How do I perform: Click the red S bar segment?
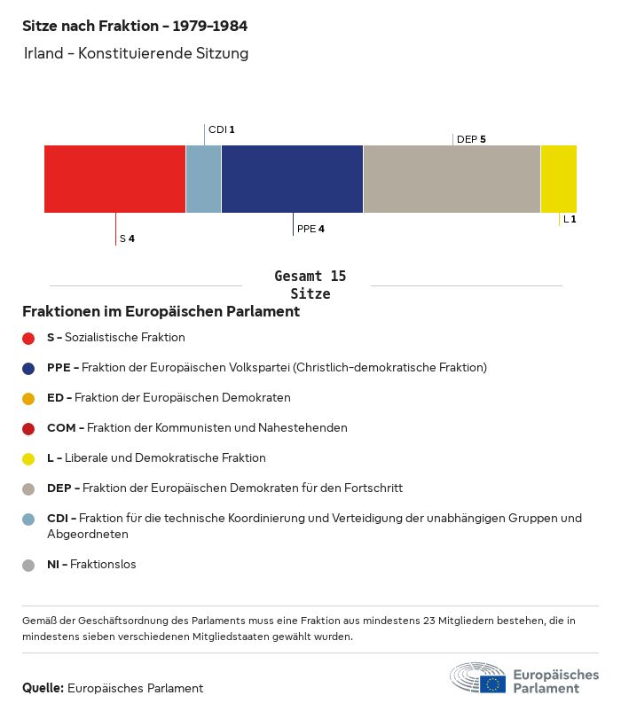pos(114,179)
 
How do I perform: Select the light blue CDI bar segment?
pos(203,179)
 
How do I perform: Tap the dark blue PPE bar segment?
pos(292,179)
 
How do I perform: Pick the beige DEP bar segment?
pos(452,179)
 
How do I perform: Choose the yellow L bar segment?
pos(559,179)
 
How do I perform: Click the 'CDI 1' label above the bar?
pos(221,130)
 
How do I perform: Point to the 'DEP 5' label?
pos(471,139)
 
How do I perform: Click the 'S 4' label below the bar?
pos(127,238)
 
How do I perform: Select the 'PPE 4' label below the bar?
pos(310,229)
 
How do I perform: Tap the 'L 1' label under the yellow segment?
pos(570,219)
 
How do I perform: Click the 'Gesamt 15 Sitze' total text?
pos(310,285)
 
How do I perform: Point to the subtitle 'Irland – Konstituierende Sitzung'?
pos(136,54)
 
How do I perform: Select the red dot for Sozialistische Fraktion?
pos(28,338)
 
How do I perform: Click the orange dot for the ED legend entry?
pos(28,398)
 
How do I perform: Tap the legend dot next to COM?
pos(28,428)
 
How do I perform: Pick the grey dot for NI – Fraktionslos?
pos(28,565)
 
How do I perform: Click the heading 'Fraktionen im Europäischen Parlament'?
pos(161,312)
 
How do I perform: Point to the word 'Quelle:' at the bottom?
pos(43,688)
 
